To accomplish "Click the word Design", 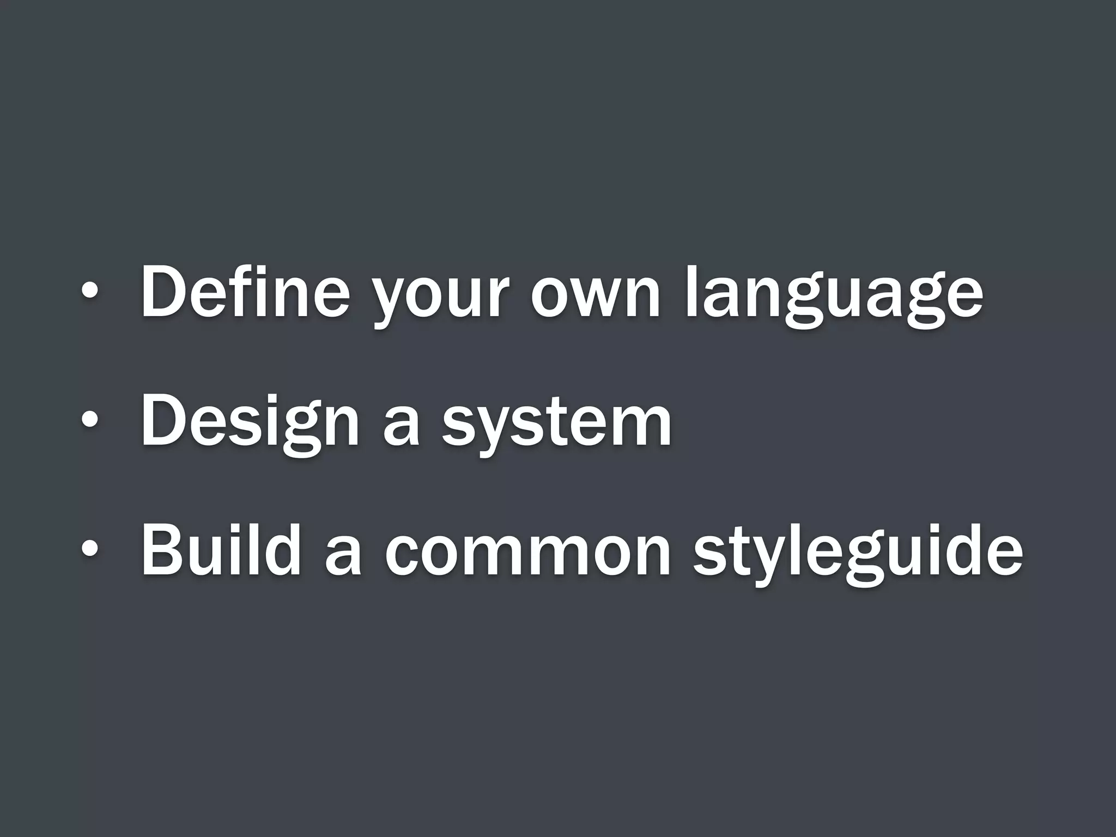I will coord(250,422).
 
